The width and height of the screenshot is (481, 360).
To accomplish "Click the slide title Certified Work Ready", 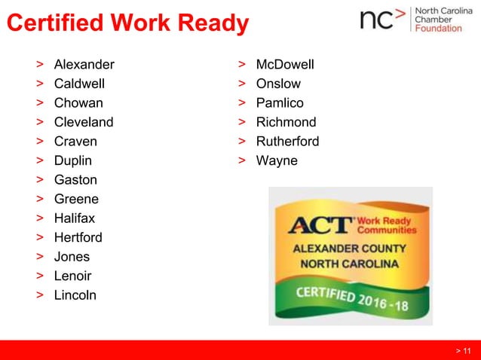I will click(127, 24).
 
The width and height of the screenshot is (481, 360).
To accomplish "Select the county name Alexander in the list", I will click(84, 64).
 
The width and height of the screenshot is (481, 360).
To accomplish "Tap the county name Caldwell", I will click(79, 84).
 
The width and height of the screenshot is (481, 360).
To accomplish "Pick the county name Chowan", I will click(78, 102).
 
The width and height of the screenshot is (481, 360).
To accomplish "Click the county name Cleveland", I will click(84, 122).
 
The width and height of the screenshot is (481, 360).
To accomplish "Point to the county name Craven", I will click(75, 141).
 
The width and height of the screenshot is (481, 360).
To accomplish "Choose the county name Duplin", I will click(73, 160).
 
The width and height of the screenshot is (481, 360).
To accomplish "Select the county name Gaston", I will click(75, 180).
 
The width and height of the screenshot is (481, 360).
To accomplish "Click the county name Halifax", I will click(75, 218).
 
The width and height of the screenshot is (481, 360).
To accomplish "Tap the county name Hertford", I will click(78, 238).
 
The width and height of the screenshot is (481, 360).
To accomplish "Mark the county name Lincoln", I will click(75, 295).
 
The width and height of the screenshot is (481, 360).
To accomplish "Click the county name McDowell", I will click(285, 64).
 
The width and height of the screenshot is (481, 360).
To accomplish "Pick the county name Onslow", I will click(278, 84).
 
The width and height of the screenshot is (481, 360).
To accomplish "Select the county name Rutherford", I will click(287, 141).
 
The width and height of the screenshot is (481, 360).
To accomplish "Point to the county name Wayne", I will click(277, 160).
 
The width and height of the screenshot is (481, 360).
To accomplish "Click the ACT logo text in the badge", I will click(320, 224).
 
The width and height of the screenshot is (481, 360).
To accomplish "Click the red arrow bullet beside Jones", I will click(38, 257).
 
